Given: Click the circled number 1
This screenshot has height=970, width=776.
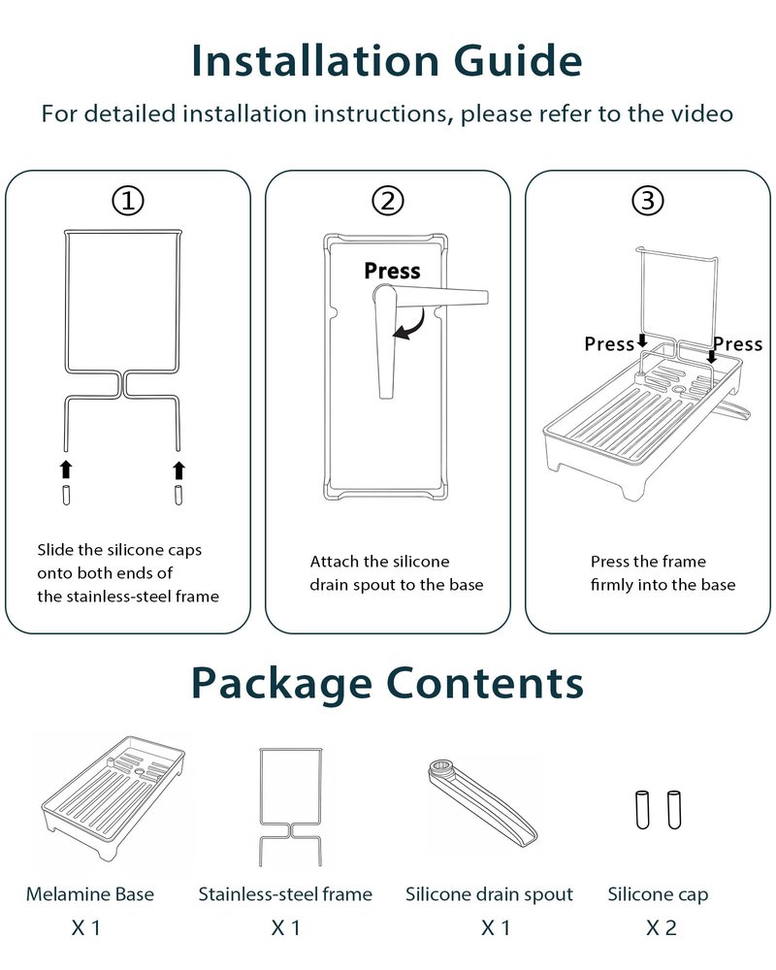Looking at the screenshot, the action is pos(128,201).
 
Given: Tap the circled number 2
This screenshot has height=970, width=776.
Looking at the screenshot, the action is pos(388,201).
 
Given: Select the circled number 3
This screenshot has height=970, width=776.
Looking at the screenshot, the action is pos(648,201).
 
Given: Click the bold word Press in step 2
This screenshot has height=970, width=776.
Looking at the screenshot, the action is pos(392,271).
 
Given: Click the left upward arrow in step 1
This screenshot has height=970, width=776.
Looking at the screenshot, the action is pos(66,469).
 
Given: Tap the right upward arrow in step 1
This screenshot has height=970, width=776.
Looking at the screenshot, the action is pos(178,469).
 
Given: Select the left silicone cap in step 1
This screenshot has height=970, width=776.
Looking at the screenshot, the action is pos(66,495).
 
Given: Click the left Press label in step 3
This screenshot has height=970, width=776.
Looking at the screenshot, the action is pos(609,344).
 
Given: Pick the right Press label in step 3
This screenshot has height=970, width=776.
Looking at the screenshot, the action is pos(737,344).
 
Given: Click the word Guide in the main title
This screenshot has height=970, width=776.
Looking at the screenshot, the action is pos(518,60).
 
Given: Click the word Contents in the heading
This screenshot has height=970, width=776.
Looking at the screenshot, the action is pos(485,683).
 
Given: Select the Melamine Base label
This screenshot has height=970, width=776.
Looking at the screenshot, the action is pos(90,894).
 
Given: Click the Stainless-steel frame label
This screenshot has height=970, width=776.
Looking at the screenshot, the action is pos(285,894).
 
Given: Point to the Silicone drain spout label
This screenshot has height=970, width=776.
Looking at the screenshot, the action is pos(489,894).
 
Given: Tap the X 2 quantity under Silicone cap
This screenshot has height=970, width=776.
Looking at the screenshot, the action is pos(662,927).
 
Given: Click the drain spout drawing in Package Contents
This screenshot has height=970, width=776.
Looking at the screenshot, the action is pos(483,802).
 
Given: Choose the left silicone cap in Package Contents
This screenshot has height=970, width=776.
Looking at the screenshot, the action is pos(643,809).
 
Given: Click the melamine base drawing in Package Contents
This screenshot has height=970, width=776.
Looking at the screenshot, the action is pos(113,798).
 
